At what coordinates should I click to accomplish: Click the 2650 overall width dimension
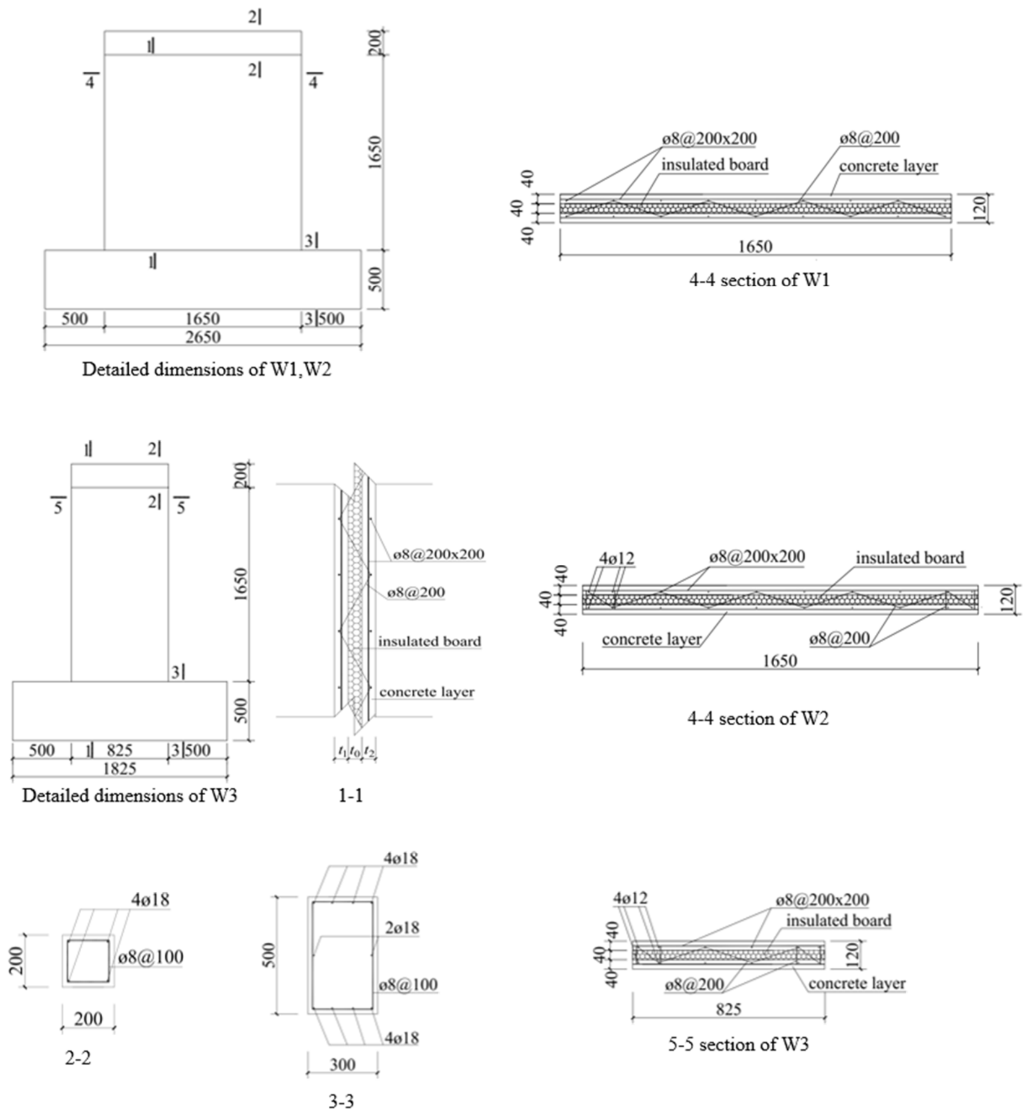tap(203, 338)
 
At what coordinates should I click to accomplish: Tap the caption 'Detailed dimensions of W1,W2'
tap(207, 370)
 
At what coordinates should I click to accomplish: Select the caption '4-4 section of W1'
tap(759, 280)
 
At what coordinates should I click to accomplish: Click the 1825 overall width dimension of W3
tap(120, 769)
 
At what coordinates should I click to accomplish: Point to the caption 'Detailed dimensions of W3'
tap(129, 795)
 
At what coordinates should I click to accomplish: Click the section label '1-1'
tap(351, 795)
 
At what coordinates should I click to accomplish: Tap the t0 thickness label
tap(354, 751)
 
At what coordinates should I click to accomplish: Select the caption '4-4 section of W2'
tap(757, 718)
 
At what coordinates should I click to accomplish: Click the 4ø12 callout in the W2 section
tap(616, 558)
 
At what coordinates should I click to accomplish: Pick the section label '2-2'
tap(78, 1058)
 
